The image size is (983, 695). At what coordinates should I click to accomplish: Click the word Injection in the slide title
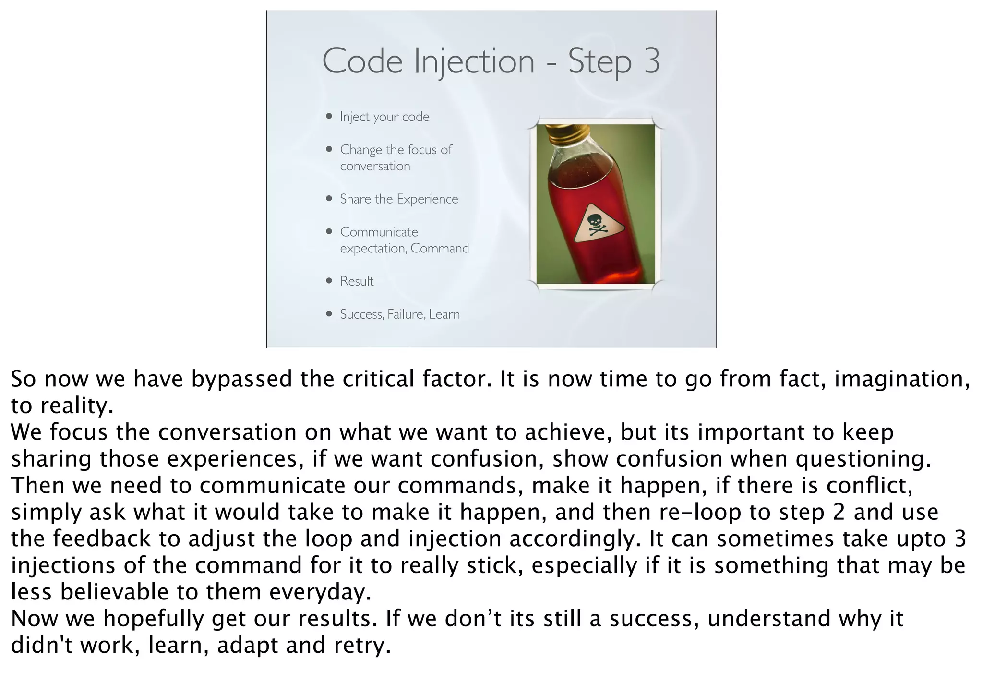(474, 62)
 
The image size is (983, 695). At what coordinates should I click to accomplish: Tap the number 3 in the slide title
(652, 61)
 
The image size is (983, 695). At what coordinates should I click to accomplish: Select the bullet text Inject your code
(384, 117)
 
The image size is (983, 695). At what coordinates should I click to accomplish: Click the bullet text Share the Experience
(399, 199)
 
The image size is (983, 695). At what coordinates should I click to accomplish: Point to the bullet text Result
(357, 281)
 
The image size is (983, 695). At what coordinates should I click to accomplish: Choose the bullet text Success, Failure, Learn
(400, 314)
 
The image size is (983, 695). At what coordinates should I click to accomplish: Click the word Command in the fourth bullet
(440, 249)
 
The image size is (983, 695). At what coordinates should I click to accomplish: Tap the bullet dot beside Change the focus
(329, 149)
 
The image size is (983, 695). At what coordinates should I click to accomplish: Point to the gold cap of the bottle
(567, 131)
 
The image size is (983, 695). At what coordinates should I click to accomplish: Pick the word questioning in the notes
(863, 459)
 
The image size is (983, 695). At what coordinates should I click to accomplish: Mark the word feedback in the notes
(102, 539)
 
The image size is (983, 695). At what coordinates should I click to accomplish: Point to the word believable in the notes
(114, 592)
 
